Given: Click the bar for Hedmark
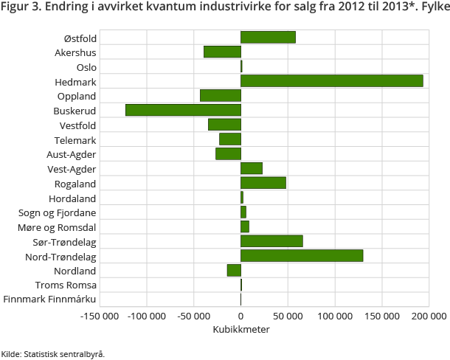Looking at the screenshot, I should point(332,81).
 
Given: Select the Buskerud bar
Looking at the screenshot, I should point(183,111).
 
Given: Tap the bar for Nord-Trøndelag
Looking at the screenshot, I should point(302,256).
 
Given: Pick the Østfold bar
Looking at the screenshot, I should point(268,38).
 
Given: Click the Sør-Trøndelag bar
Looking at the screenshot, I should point(271,241).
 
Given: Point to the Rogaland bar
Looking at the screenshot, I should point(263,183).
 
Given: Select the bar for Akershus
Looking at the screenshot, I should point(222,52).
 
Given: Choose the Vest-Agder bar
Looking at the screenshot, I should point(252,169).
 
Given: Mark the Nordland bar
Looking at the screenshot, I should point(234,270).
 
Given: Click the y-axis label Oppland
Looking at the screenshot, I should point(77,96).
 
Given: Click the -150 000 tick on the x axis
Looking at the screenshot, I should point(100,316).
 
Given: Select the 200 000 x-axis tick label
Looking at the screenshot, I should point(429,316).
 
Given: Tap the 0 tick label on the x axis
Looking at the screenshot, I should point(241,316).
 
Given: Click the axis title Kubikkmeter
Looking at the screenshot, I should point(241,330).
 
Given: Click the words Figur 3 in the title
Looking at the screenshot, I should point(20,7).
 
